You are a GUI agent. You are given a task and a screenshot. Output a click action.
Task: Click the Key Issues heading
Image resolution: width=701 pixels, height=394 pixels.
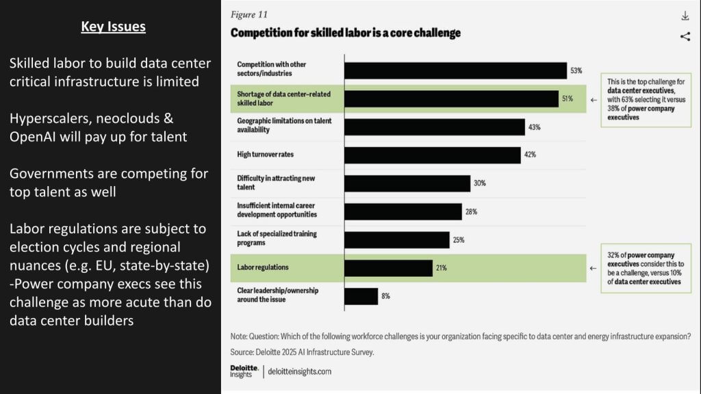pos(113,27)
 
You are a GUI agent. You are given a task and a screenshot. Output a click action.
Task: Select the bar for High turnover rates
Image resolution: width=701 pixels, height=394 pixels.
pos(432,155)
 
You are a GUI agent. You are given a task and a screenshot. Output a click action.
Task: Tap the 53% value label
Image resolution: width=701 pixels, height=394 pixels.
pos(576,70)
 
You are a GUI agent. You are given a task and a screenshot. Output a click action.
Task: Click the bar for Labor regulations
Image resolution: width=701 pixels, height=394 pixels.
pos(388,267)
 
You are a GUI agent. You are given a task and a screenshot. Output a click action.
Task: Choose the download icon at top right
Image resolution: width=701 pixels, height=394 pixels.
pos(685,16)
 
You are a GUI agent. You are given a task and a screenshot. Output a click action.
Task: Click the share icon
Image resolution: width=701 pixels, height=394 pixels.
pos(685,37)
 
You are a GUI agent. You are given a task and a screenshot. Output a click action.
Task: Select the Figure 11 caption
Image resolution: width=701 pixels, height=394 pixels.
pos(249,14)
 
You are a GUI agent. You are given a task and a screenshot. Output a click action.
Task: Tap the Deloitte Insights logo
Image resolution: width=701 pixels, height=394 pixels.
pos(244,371)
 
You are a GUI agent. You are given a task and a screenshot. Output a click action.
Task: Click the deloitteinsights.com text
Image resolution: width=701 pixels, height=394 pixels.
pos(300,371)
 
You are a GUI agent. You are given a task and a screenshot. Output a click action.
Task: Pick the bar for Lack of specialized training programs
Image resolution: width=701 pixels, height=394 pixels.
pos(396,239)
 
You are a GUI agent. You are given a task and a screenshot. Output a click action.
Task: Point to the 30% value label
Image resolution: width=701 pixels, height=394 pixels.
pos(479,183)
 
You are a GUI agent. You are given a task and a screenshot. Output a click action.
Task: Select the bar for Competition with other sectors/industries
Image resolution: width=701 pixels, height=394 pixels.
pos(455,70)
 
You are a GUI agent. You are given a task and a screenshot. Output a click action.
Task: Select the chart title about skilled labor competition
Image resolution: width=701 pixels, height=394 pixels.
pos(346,33)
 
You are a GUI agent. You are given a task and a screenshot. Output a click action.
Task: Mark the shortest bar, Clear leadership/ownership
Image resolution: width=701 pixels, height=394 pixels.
pos(361,296)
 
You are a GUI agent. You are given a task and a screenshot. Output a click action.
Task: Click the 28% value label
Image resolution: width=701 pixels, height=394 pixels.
pos(471,211)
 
